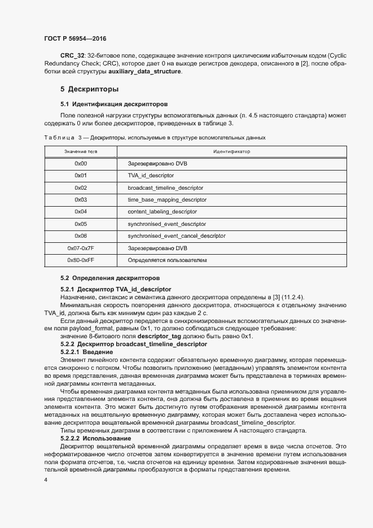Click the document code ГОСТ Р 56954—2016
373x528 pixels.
point(74,38)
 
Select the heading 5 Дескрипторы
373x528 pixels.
point(90,89)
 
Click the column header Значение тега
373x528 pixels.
point(81,152)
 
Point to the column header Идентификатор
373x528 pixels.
point(231,152)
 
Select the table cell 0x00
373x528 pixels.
point(81,164)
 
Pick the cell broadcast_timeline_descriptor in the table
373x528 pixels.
point(165,187)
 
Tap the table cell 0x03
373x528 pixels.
point(81,200)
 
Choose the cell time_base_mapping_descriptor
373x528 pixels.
point(167,200)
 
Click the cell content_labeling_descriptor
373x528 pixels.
point(163,212)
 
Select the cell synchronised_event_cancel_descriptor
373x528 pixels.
point(177,235)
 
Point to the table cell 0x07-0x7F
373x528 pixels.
point(81,248)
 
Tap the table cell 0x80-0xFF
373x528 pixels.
point(81,260)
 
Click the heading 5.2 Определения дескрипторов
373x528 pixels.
point(110,278)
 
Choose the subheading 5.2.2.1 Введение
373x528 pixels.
point(86,352)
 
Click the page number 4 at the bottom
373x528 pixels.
point(46,479)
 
